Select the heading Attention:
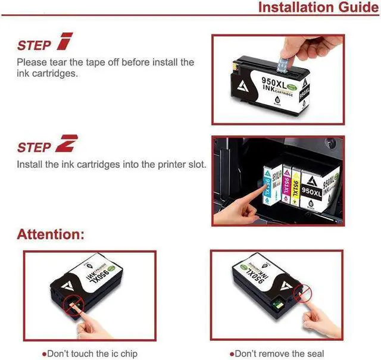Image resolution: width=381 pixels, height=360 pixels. (x=51, y=234)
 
